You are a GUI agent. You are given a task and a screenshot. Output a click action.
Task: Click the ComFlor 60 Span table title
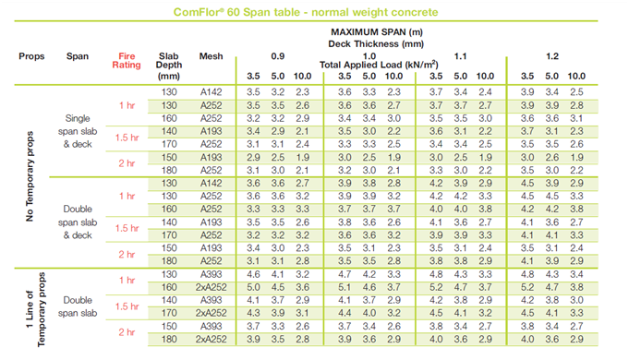[314, 12]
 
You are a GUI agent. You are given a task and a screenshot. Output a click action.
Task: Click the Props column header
[31, 56]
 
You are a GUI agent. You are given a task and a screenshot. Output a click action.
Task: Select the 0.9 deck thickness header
[276, 55]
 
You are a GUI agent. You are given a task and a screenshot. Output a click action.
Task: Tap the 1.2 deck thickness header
[551, 55]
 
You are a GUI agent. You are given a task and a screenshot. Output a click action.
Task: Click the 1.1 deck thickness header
[460, 55]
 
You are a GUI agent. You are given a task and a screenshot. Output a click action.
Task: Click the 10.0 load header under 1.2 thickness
[576, 75]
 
